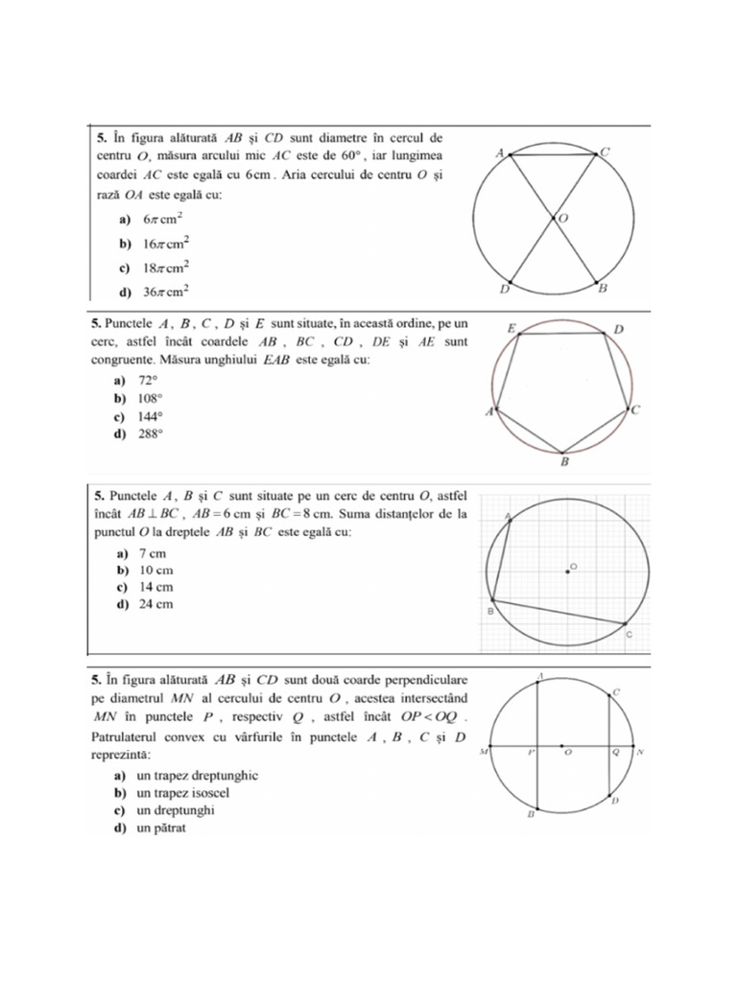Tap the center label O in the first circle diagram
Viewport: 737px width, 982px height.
[563, 219]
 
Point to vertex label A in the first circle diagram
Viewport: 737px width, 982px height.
[499, 152]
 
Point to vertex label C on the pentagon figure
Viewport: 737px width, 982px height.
[635, 410]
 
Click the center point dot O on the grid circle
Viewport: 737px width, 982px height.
[566, 573]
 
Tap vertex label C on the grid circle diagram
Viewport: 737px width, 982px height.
[629, 635]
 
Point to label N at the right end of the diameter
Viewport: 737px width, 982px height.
[640, 753]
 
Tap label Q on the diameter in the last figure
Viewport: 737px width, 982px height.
[616, 754]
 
